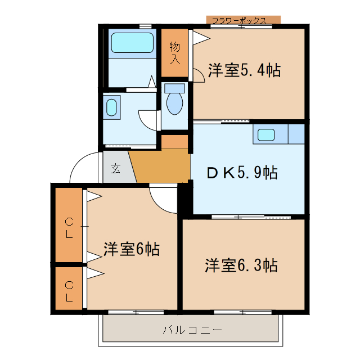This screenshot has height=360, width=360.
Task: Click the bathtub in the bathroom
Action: (132, 43)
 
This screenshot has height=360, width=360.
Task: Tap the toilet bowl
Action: (175, 105)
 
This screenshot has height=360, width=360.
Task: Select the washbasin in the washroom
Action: (112, 107)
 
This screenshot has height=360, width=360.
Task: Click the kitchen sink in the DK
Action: (265, 135)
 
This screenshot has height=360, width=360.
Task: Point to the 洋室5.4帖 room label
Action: (244, 70)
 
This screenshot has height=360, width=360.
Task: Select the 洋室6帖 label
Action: (131, 249)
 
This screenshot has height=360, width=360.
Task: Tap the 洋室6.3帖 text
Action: (240, 264)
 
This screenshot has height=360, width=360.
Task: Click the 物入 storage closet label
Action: (174, 52)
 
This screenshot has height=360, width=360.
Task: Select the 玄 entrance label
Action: (115, 168)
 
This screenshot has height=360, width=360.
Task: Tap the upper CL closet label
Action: (69, 228)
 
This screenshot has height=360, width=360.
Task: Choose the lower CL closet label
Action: (69, 291)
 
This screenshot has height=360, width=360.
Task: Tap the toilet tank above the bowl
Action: (175, 88)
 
